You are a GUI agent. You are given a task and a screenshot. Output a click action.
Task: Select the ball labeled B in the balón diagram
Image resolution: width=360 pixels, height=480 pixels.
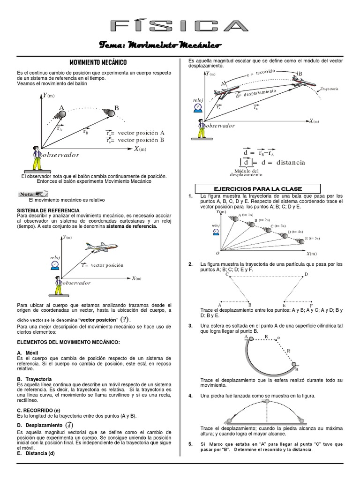click(111, 113)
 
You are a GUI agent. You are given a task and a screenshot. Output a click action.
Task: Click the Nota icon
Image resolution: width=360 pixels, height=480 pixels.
click(34, 194)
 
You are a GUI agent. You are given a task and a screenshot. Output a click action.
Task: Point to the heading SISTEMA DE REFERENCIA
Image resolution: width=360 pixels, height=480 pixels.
click(48, 210)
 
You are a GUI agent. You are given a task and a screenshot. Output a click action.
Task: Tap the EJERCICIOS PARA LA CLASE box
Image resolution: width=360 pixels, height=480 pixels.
click(254, 188)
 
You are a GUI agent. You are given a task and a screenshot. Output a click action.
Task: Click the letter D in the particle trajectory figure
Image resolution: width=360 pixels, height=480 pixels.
click(307, 274)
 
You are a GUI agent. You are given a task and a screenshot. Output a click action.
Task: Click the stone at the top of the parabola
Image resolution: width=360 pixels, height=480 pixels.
click(267, 401)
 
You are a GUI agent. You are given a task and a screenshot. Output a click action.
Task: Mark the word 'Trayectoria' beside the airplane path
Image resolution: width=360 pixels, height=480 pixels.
click(330, 89)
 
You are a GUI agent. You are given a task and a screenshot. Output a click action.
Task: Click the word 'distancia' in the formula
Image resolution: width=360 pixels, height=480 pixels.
click(291, 162)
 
